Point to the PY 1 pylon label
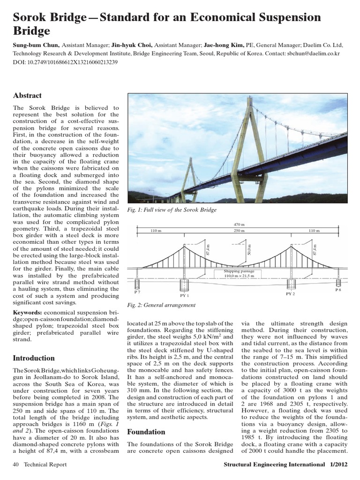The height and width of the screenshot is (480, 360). click(184, 296)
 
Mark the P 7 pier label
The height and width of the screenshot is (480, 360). click(137, 292)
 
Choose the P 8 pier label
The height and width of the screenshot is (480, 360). click(338, 290)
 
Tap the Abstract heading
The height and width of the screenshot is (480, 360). click(27, 96)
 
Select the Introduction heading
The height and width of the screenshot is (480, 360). click(34, 358)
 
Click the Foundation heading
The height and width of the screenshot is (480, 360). click(146, 432)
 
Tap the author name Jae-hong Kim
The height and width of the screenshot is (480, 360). click(223, 45)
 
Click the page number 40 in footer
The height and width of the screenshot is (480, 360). click(16, 465)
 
